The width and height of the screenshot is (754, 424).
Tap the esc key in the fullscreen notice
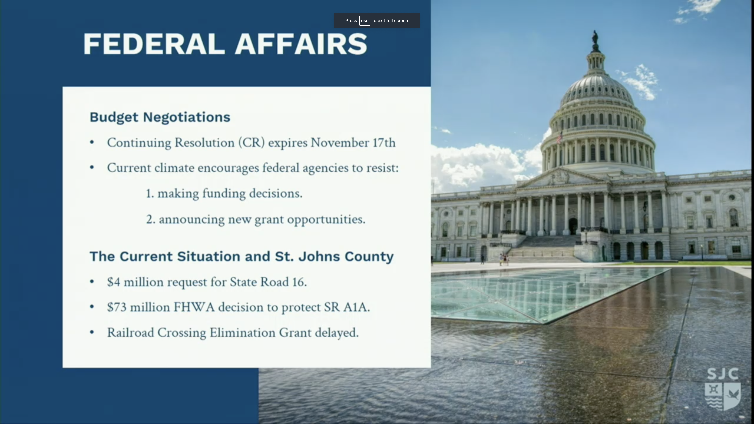[364, 20]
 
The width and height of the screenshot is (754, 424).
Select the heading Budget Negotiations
[160, 117]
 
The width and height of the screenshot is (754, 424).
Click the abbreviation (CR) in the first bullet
[251, 143]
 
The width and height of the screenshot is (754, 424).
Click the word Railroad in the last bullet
[130, 333]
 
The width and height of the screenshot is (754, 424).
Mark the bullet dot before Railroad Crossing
[92, 332]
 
